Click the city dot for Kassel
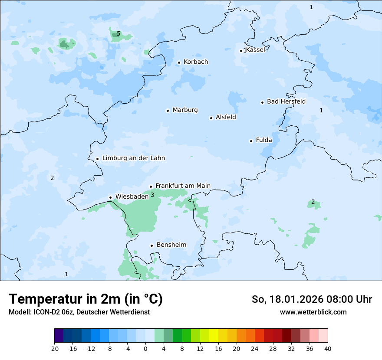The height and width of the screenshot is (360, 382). (241, 51)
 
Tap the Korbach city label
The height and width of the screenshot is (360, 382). (196, 62)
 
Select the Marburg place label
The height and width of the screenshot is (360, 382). (185, 110)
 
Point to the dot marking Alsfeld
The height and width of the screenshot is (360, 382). (211, 118)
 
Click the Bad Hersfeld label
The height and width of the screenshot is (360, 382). (286, 101)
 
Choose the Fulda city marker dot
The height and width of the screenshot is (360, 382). (251, 141)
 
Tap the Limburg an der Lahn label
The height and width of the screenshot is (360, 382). (133, 158)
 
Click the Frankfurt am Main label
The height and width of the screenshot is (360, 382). (183, 186)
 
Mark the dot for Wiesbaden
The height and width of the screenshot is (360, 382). (111, 197)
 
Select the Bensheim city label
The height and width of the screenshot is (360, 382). (171, 245)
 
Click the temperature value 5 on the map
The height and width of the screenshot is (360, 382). (119, 33)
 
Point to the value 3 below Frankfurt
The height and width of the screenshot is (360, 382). (152, 195)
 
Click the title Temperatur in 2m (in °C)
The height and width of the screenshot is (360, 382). (86, 299)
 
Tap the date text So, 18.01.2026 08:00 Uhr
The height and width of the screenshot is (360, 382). (312, 299)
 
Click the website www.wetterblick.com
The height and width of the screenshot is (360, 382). (313, 312)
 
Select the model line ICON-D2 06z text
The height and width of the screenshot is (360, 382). (79, 312)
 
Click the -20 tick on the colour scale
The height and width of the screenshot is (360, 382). (54, 348)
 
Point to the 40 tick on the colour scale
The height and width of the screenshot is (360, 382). (327, 348)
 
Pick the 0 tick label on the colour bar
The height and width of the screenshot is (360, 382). (145, 348)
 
